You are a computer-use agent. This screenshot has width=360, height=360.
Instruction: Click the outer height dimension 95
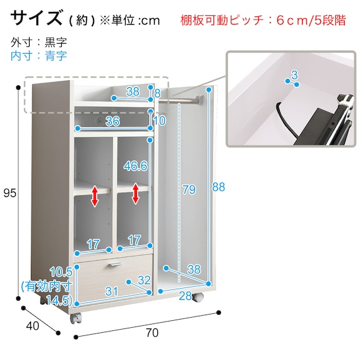tap(10, 193)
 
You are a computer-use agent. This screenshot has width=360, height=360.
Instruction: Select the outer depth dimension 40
tap(32, 325)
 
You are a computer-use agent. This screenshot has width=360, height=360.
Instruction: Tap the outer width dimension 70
tap(152, 333)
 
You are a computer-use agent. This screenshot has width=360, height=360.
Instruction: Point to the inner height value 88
tap(219, 187)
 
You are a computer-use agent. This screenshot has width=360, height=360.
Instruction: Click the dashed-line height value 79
tap(189, 189)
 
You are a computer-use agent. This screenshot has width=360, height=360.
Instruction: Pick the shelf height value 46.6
tap(135, 165)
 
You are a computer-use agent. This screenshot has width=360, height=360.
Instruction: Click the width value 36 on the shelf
tap(112, 121)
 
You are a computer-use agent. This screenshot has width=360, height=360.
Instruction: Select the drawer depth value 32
tap(144, 280)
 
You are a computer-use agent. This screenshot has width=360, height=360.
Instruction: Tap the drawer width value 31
tap(112, 291)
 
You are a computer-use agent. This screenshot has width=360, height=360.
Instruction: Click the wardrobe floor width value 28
tap(186, 296)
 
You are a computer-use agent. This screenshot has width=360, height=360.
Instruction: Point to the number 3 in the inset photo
tap(294, 75)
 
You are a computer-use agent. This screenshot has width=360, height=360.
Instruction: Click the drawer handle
tap(115, 265)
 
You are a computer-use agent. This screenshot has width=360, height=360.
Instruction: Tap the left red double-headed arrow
tap(95, 196)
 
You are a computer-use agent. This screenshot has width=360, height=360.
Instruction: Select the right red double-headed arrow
tap(136, 193)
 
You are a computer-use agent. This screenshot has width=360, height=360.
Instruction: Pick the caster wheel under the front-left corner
tap(76, 318)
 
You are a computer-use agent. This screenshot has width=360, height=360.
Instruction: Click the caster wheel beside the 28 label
tap(198, 297)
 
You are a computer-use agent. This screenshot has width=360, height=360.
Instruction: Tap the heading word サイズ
tap(37, 18)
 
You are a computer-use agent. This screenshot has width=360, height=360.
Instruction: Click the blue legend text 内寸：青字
tap(39, 56)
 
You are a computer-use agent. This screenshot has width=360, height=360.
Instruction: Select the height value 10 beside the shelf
tap(159, 120)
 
